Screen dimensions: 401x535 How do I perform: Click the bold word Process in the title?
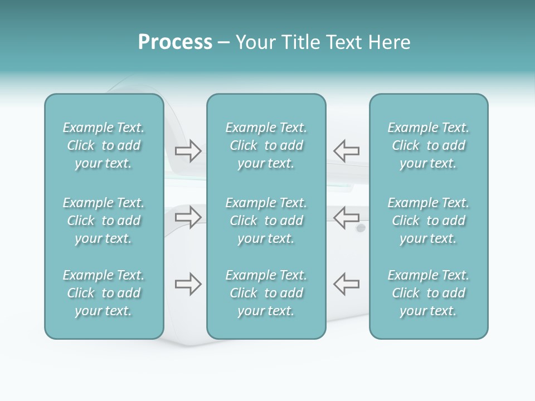[175, 42]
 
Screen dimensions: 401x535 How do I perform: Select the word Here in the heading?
[390, 42]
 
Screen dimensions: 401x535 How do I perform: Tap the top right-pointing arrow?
[188, 150]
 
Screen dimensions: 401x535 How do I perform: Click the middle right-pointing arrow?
[188, 217]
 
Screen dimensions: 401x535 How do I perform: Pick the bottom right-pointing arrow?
[188, 285]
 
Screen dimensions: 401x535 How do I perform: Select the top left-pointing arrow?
[346, 150]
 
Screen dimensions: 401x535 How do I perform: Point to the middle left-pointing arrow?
[346, 217]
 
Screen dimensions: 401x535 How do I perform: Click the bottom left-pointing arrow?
[346, 285]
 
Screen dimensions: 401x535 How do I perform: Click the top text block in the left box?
[104, 145]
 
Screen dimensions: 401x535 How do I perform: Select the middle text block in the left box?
[104, 221]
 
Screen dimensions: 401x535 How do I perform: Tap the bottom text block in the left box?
[104, 293]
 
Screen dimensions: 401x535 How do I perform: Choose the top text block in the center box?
[266, 145]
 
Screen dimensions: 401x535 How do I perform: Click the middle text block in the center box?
[266, 221]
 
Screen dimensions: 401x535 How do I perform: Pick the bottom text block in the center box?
[266, 293]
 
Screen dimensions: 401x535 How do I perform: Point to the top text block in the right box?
[429, 145]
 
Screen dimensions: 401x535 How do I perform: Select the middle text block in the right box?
[429, 221]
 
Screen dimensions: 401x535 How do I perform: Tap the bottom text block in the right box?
[429, 293]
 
